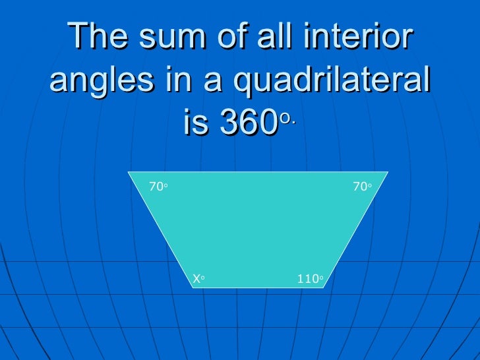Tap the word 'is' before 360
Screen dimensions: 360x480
tap(196, 124)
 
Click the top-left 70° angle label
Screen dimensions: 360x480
tap(158, 187)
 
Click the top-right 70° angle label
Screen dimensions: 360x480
tap(362, 187)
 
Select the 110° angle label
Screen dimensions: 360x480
tap(310, 279)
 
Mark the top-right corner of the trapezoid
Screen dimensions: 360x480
tap(388, 172)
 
